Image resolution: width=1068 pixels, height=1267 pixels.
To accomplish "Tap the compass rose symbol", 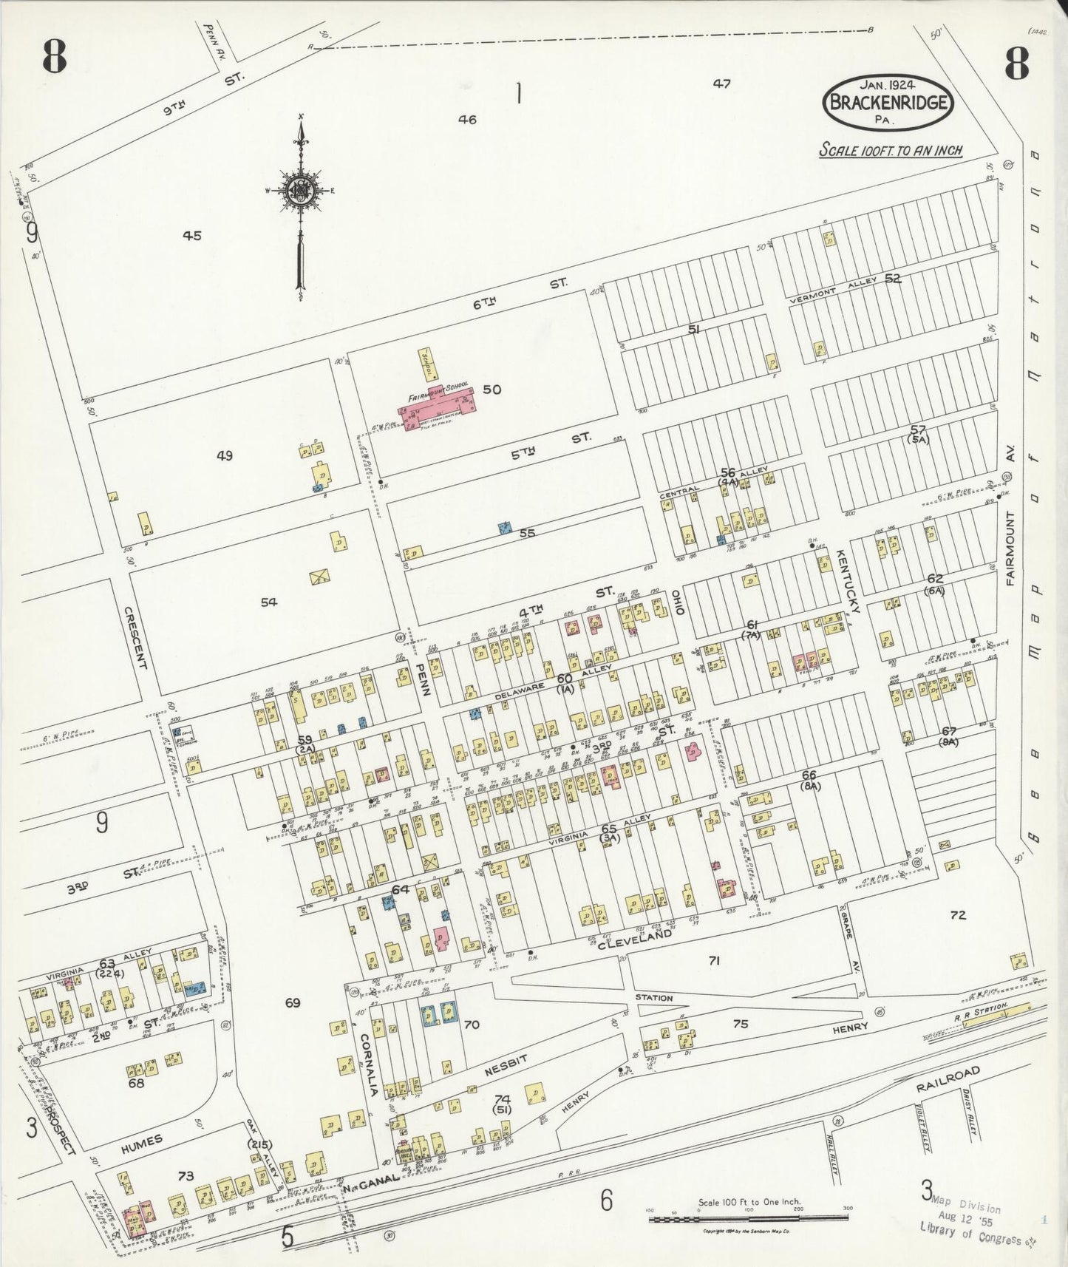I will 302,189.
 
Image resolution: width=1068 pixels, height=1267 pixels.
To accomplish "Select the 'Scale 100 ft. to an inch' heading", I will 891,150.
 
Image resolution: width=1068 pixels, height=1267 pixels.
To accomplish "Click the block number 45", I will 192,236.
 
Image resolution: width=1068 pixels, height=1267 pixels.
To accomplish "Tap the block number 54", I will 268,602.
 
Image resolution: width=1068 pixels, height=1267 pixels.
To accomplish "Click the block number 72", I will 958,915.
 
